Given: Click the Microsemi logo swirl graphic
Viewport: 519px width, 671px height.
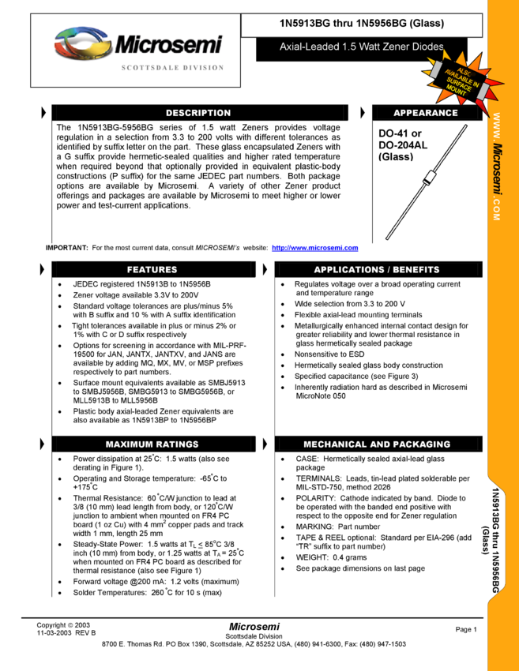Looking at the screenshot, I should [81, 44].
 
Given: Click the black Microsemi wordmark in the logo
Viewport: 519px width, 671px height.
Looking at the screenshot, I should [168, 44].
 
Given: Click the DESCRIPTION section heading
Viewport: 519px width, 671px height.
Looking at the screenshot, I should [197, 113].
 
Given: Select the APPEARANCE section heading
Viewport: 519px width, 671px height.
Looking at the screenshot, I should [425, 113].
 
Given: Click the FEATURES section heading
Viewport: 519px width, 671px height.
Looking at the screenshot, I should [152, 270].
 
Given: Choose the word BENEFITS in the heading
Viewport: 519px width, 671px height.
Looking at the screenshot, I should [415, 270].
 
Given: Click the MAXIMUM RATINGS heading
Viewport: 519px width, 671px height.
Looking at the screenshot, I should [152, 444].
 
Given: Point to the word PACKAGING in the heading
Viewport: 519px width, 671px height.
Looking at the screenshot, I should [420, 444].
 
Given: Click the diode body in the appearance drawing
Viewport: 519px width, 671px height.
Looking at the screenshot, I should [427, 178].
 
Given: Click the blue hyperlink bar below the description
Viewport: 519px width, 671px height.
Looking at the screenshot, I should [314, 249].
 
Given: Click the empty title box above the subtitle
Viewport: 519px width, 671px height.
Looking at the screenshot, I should [362, 25].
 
